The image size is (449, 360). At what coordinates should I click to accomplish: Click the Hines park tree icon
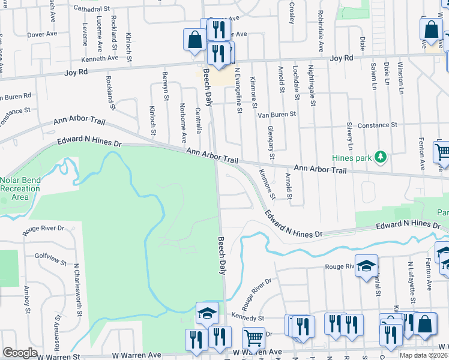tap(379, 157)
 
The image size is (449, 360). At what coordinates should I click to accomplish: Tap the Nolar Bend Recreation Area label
tap(21, 188)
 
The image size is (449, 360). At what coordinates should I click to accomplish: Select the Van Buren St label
tap(277, 114)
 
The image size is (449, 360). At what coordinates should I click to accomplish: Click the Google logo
tap(20, 352)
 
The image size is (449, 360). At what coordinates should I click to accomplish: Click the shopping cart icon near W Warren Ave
tap(253, 338)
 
